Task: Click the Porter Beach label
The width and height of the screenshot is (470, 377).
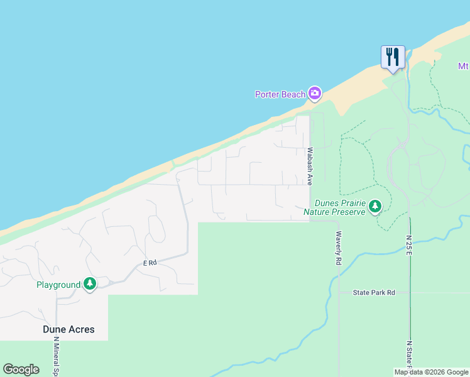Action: (x=280, y=95)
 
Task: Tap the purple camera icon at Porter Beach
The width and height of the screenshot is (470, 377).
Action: (x=315, y=94)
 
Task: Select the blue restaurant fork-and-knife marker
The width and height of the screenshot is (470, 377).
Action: (x=393, y=57)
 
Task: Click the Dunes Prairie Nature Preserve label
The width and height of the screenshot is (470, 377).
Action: (x=334, y=208)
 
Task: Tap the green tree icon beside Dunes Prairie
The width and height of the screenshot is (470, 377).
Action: (x=375, y=205)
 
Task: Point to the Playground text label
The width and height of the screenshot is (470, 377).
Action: (x=57, y=285)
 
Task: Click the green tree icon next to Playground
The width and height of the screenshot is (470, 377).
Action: (x=90, y=284)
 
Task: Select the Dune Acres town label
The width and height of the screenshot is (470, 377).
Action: (x=68, y=329)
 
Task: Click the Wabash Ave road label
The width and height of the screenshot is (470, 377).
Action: (x=310, y=166)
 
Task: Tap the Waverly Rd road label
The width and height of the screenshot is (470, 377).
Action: (x=338, y=247)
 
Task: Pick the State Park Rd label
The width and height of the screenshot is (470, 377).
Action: (x=374, y=293)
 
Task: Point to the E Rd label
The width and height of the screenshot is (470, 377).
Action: (x=150, y=263)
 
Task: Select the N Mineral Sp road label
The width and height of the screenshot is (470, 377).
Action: (x=56, y=356)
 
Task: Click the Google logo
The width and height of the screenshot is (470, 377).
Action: (x=21, y=369)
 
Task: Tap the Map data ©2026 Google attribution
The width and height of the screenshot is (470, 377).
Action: (x=432, y=372)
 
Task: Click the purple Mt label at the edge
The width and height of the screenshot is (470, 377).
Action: (x=463, y=66)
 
